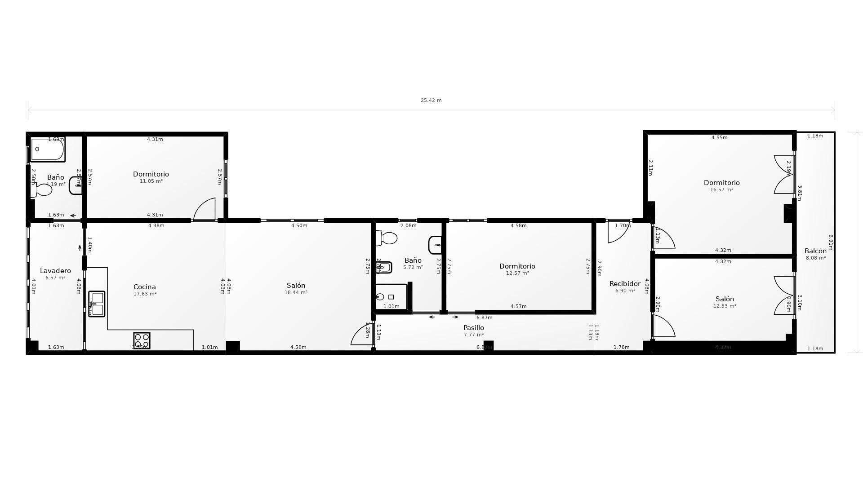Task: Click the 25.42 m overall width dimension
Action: pos(431,101)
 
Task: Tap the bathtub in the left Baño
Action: pos(47,149)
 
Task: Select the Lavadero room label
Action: pos(55,271)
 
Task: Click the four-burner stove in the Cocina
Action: pos(142,340)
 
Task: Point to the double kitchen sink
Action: pos(97,304)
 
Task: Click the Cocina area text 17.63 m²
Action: pos(145,294)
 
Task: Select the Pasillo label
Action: pos(473,328)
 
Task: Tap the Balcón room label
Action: pos(815,251)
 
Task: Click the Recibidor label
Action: pos(624,284)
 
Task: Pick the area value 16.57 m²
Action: pos(721,190)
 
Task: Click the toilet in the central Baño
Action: pos(387,238)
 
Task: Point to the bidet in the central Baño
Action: pos(384,267)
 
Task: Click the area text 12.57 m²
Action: pos(517,273)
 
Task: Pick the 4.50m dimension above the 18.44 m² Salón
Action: pos(299,226)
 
